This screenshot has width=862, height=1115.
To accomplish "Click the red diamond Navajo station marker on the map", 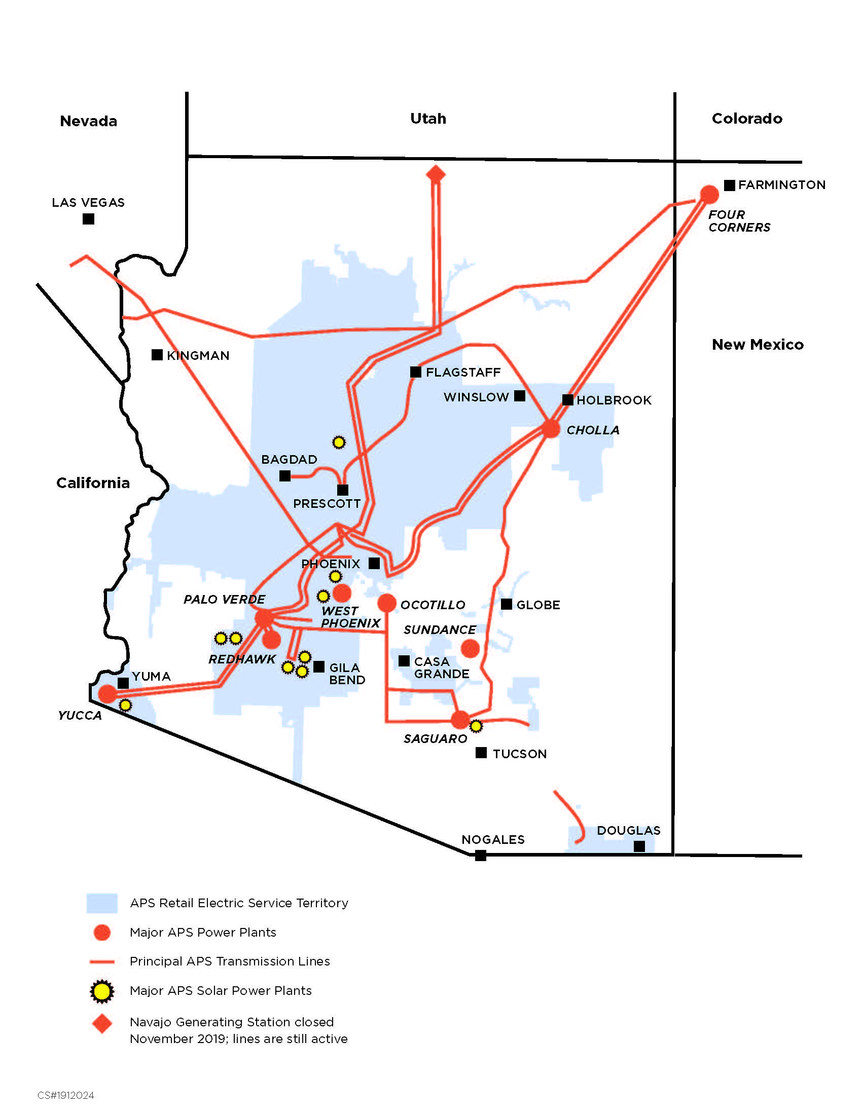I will [x=436, y=174].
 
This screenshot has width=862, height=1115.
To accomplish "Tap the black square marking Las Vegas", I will [x=88, y=219].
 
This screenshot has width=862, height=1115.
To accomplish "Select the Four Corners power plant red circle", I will [x=709, y=194].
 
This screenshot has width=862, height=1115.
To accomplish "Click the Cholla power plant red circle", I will [x=551, y=428].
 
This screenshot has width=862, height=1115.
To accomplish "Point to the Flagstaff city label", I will [x=462, y=372].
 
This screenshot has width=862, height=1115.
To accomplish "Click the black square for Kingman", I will [x=157, y=355].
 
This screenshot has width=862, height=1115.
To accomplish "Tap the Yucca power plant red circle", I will [x=107, y=693].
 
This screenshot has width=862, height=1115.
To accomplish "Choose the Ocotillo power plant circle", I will [x=387, y=603].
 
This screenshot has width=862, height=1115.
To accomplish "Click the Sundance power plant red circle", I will [x=470, y=648].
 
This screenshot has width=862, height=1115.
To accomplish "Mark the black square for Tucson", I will [x=481, y=753].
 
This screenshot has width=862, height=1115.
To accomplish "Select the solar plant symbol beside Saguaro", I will [x=476, y=725].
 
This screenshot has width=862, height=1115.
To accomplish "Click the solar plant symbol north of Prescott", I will [x=339, y=442].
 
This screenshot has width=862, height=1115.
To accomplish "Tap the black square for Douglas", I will [x=639, y=846].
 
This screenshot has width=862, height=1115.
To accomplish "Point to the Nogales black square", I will [x=481, y=855].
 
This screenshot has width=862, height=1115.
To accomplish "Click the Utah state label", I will [x=428, y=119].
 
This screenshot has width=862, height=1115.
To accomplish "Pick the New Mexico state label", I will [x=758, y=345].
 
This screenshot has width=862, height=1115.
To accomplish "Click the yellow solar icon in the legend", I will [x=101, y=991].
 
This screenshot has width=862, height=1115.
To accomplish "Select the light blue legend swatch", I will [x=101, y=903].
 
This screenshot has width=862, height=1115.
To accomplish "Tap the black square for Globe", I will [x=507, y=604].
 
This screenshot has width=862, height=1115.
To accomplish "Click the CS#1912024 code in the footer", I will [x=66, y=1095].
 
